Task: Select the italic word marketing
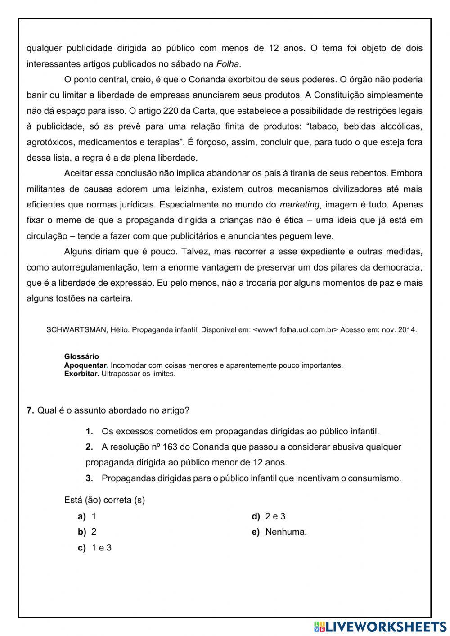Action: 299,205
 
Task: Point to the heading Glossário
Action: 81,356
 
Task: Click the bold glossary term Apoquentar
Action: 85,365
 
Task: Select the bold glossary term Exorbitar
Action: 81,374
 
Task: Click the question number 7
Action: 30,410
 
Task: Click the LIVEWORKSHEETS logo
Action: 380,626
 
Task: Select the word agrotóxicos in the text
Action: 50,142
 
